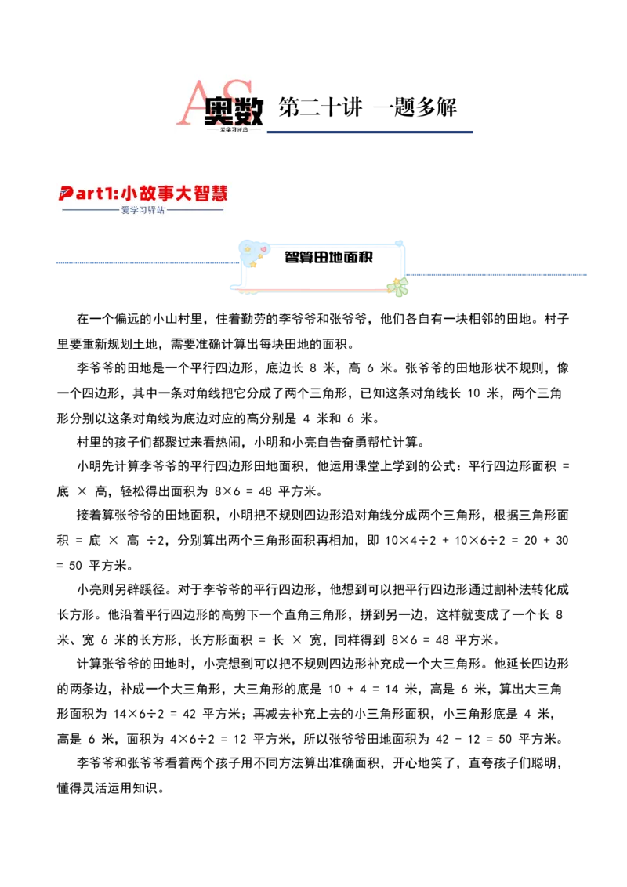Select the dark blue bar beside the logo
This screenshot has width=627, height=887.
(x=372, y=132)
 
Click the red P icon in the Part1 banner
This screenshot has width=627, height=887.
(x=67, y=194)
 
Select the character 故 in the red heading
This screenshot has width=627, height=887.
(x=150, y=193)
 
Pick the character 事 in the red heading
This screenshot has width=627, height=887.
(x=172, y=193)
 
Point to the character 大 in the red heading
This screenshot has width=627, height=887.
(x=193, y=193)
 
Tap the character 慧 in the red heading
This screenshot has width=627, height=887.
(x=227, y=193)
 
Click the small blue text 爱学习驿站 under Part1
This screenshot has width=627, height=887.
(x=143, y=210)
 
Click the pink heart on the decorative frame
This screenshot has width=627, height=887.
(x=263, y=249)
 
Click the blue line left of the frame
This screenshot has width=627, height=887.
(x=145, y=262)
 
